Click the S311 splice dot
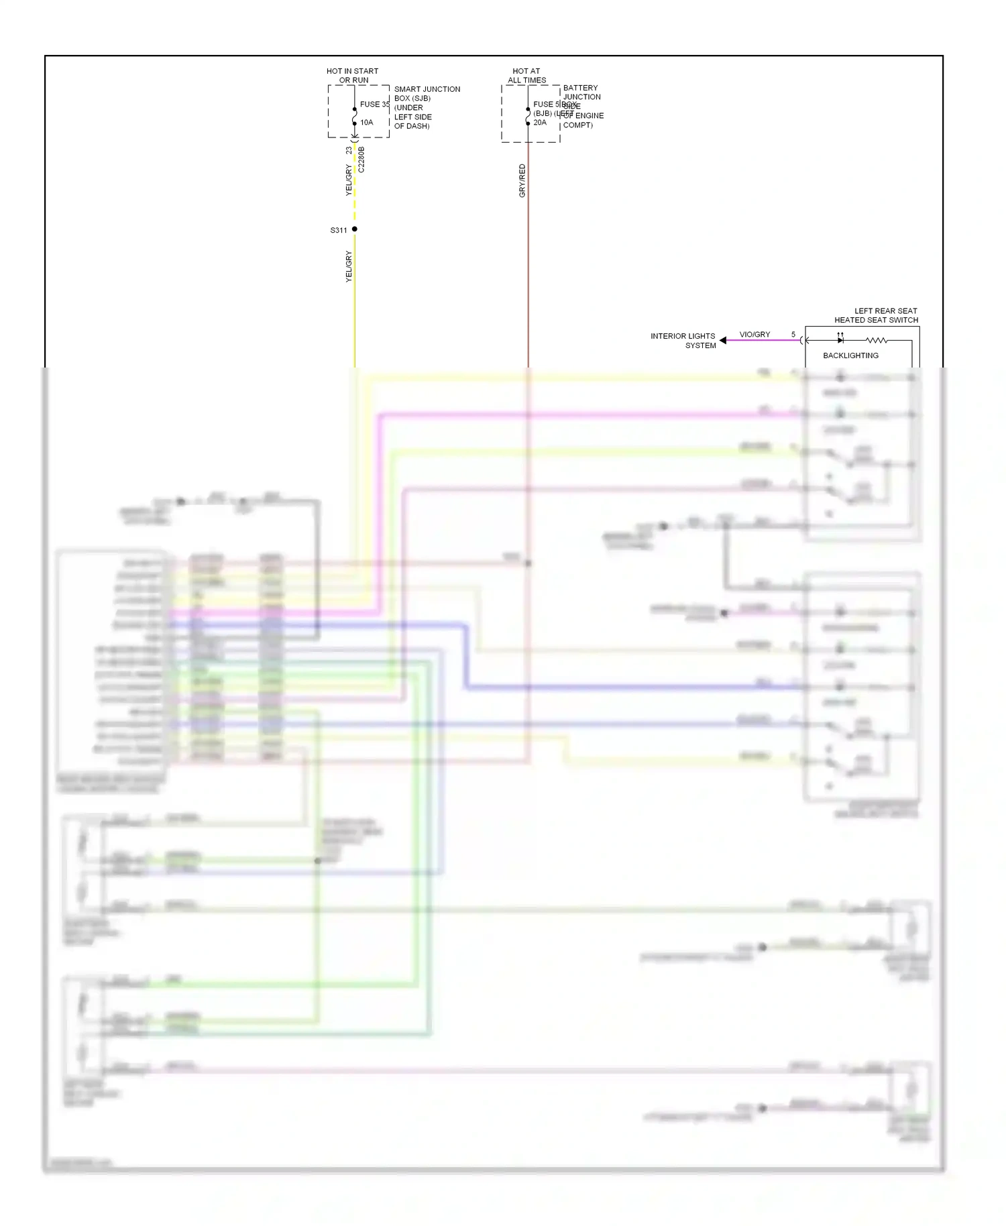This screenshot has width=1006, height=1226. (355, 229)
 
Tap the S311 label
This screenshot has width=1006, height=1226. (339, 231)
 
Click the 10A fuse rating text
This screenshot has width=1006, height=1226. (367, 123)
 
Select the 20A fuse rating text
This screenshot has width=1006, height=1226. (540, 123)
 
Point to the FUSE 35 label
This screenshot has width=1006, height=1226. (374, 105)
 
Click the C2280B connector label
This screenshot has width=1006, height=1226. (361, 160)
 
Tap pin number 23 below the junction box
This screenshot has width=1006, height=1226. (349, 150)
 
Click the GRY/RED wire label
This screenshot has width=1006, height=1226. (522, 180)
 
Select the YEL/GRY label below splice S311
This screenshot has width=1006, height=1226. (349, 266)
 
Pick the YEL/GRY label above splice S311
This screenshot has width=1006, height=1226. (349, 180)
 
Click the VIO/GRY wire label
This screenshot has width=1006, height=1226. (754, 335)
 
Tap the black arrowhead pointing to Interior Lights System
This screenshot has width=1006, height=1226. (723, 341)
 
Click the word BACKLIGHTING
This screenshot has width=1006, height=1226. (850, 355)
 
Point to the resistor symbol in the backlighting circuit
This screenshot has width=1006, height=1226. (877, 341)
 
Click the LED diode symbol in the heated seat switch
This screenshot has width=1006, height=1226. (840, 340)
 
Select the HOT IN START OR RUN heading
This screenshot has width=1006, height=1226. (353, 76)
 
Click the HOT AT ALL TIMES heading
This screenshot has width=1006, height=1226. (526, 76)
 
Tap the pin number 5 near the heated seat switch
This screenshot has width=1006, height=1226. (793, 335)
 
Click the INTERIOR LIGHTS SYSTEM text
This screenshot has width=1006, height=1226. (683, 341)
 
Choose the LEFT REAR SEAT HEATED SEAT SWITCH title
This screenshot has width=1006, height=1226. (876, 315)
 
